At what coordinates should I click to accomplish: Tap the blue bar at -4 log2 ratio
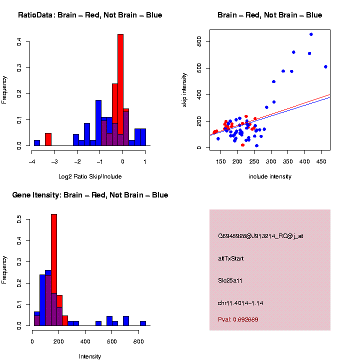[x=37, y=143]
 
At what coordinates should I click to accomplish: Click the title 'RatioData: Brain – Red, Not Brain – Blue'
[x=90, y=15]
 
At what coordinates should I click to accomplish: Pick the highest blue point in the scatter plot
[x=311, y=34]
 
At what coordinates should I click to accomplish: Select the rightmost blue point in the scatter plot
[x=325, y=66]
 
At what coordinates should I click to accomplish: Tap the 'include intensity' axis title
[x=269, y=176]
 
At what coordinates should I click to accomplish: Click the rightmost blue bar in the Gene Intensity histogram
[x=143, y=323]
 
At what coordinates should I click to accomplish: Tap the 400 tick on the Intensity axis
[x=85, y=341]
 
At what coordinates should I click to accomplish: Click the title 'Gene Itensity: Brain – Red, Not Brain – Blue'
[x=90, y=195]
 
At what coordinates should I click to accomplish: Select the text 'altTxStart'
[x=230, y=258]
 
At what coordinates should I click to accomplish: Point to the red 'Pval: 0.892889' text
[x=238, y=319]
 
